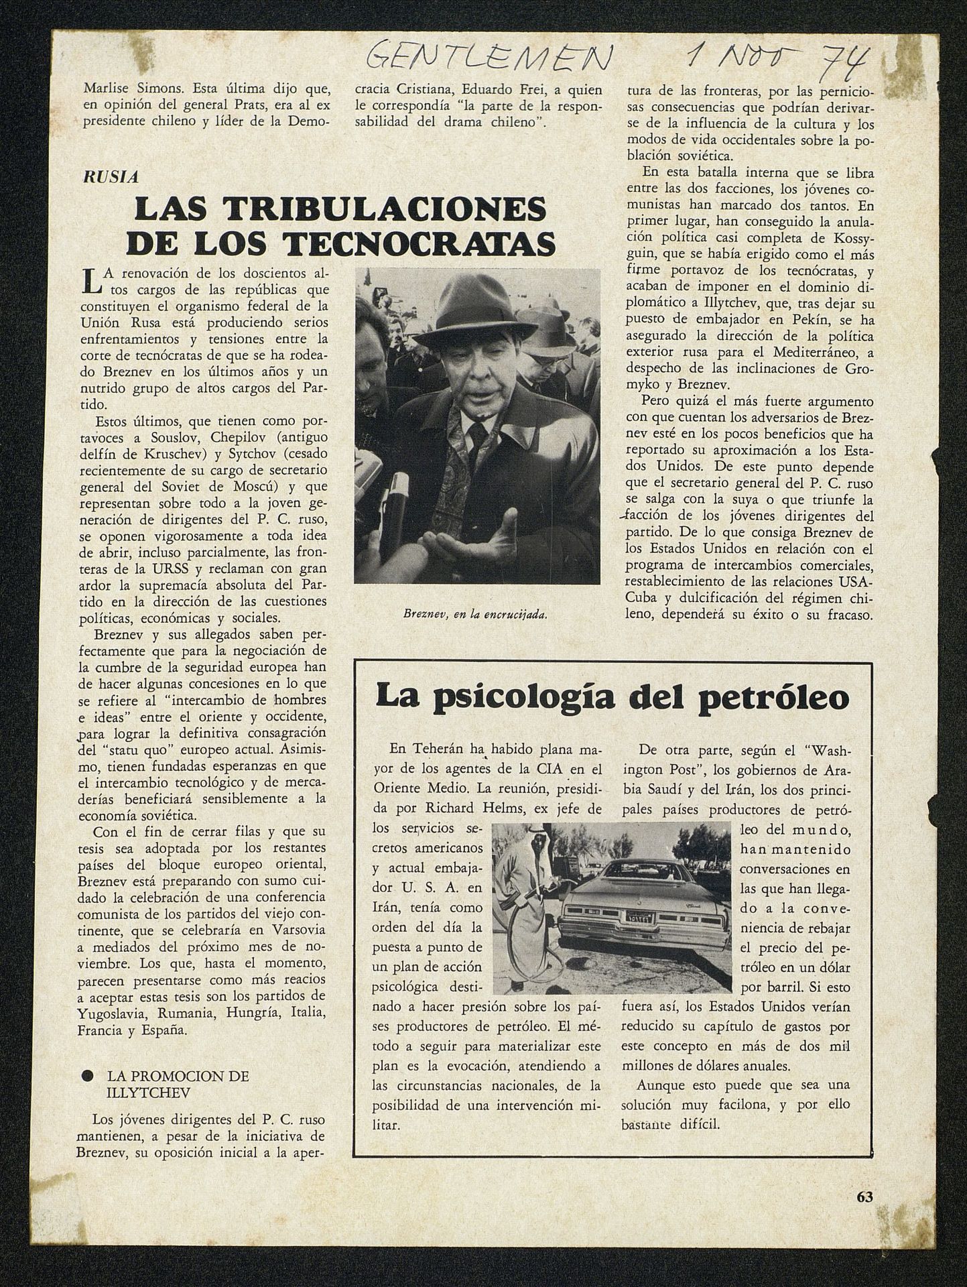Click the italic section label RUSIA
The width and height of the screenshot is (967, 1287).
pos(110,177)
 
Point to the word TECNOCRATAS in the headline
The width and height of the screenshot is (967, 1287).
pos(421,244)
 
